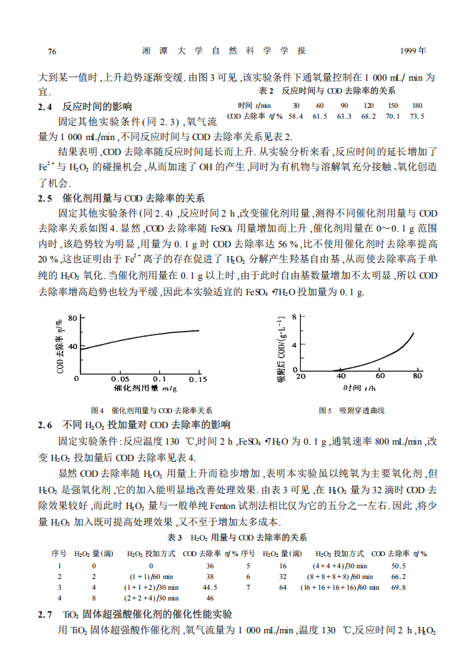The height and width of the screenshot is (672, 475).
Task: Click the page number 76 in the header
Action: [51, 51]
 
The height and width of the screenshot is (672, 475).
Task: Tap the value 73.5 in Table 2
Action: [417, 116]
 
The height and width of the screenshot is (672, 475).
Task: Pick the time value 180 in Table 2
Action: [417, 105]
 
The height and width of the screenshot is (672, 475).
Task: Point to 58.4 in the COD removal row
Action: [296, 116]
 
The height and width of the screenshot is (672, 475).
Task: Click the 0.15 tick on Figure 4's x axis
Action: [197, 378]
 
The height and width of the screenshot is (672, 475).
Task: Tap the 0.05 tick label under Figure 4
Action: [119, 378]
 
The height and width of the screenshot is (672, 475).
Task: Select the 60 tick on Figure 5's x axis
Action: [379, 376]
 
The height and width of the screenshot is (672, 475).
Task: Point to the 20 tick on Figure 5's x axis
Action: [301, 376]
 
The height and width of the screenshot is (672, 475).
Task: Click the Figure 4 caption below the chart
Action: [151, 410]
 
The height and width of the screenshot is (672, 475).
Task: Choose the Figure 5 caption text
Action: [351, 410]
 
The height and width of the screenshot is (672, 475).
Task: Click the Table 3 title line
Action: [236, 537]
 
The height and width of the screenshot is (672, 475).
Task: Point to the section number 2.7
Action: [45, 615]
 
